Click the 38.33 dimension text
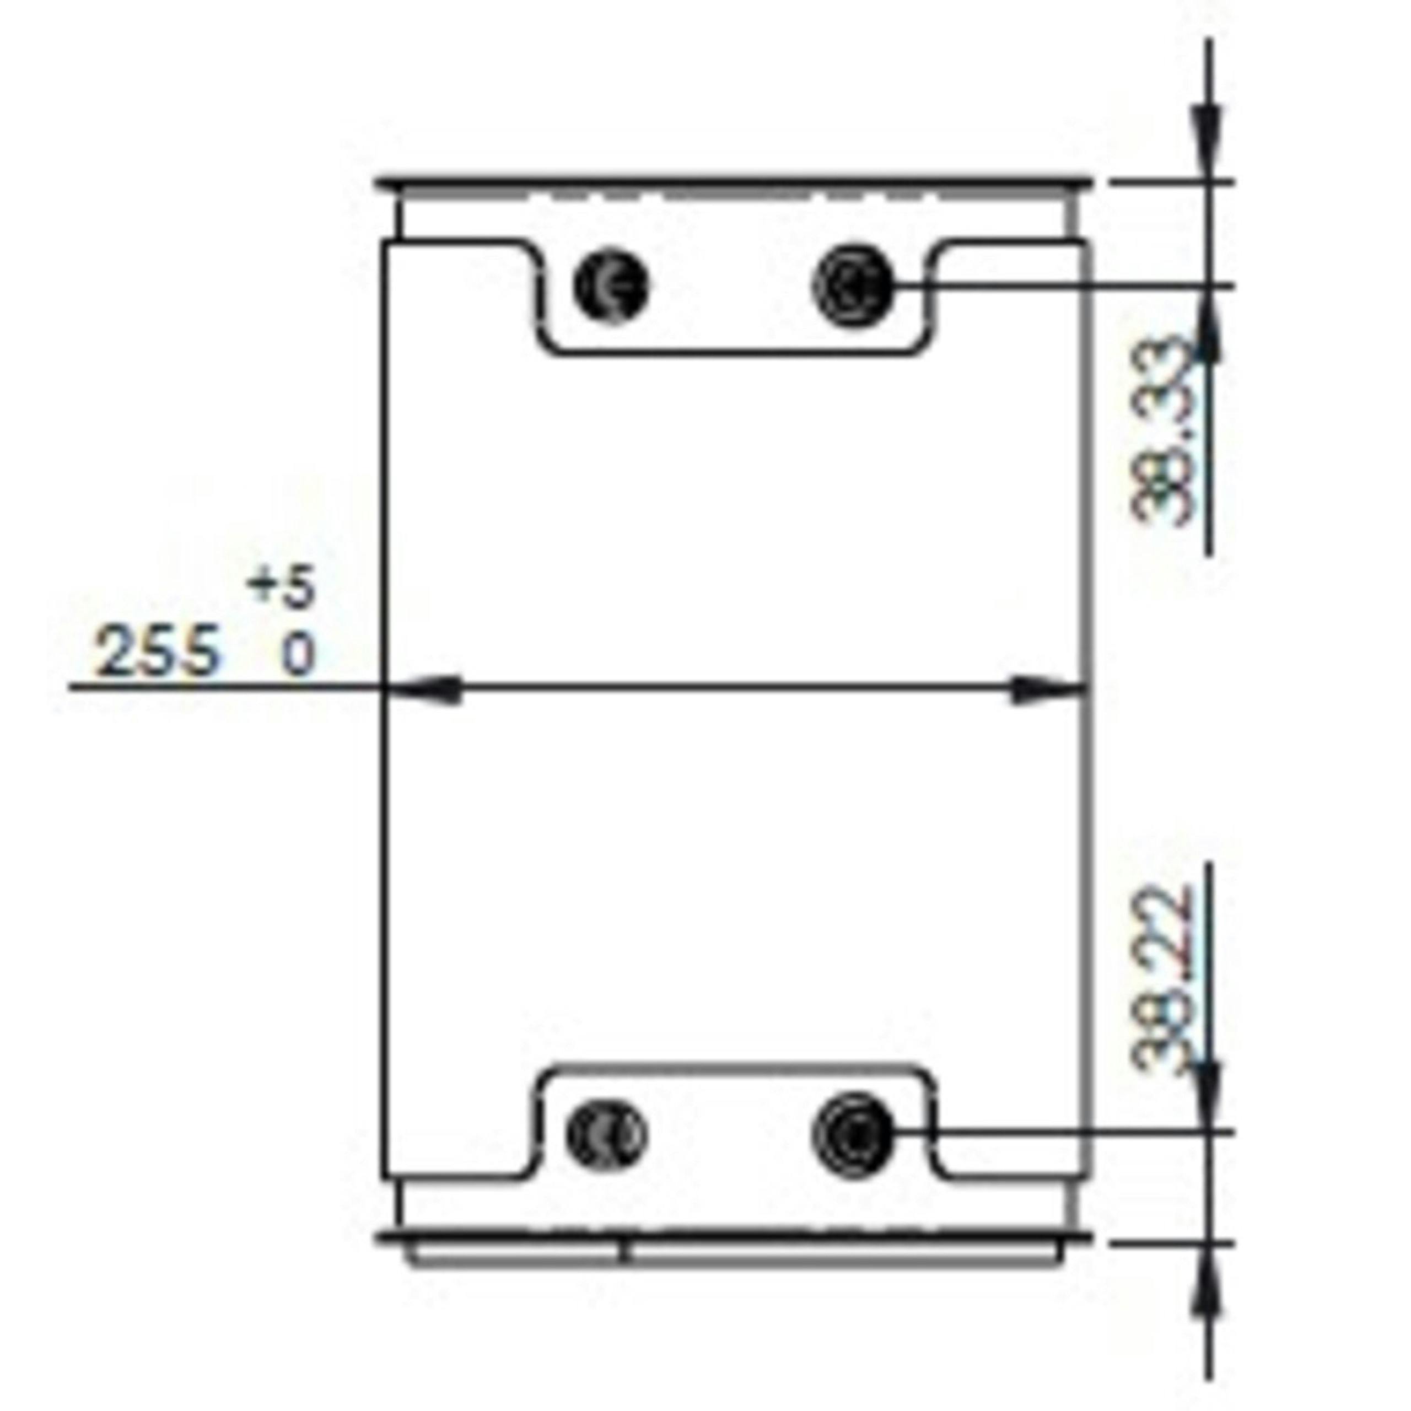tap(1161, 431)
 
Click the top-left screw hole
tap(611, 285)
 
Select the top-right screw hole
tap(852, 285)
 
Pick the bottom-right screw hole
tap(852, 1133)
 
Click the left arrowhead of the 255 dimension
tap(424, 687)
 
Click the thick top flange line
tap(734, 180)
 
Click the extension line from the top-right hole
tap(1059, 285)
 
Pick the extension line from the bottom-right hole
tap(1059, 1133)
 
